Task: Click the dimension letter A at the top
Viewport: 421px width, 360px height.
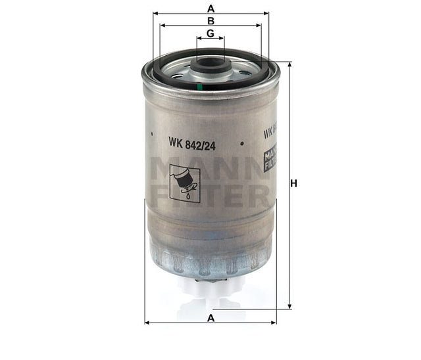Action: pos(210,9)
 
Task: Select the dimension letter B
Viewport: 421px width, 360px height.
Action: pos(210,21)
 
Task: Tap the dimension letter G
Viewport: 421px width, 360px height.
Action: pos(210,34)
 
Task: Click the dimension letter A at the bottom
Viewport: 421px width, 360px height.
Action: pos(210,318)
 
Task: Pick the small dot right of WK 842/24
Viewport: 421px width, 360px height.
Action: pos(242,141)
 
